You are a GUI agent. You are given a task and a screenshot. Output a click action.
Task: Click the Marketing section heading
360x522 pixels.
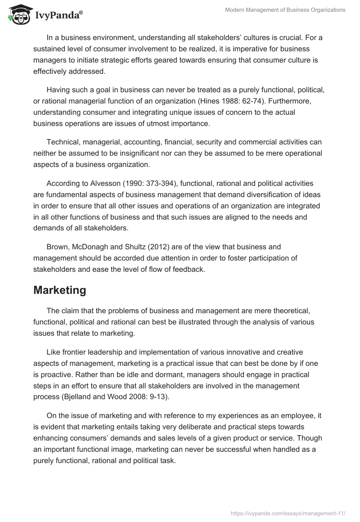59,290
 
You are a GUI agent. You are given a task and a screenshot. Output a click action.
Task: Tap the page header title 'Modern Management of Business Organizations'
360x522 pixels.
285,10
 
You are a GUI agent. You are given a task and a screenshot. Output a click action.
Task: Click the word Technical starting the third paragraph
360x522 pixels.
63,142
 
